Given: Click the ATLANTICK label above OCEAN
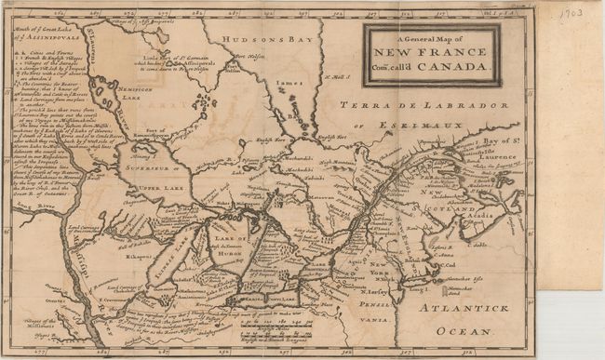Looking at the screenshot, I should click(x=463, y=308).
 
